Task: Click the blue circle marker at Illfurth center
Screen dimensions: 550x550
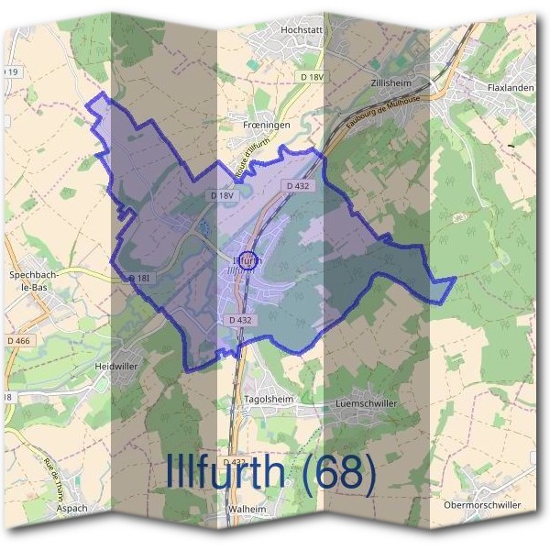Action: point(247,260)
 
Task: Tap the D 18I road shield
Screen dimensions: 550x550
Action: point(139,278)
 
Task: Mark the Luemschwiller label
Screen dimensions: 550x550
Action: point(367,402)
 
